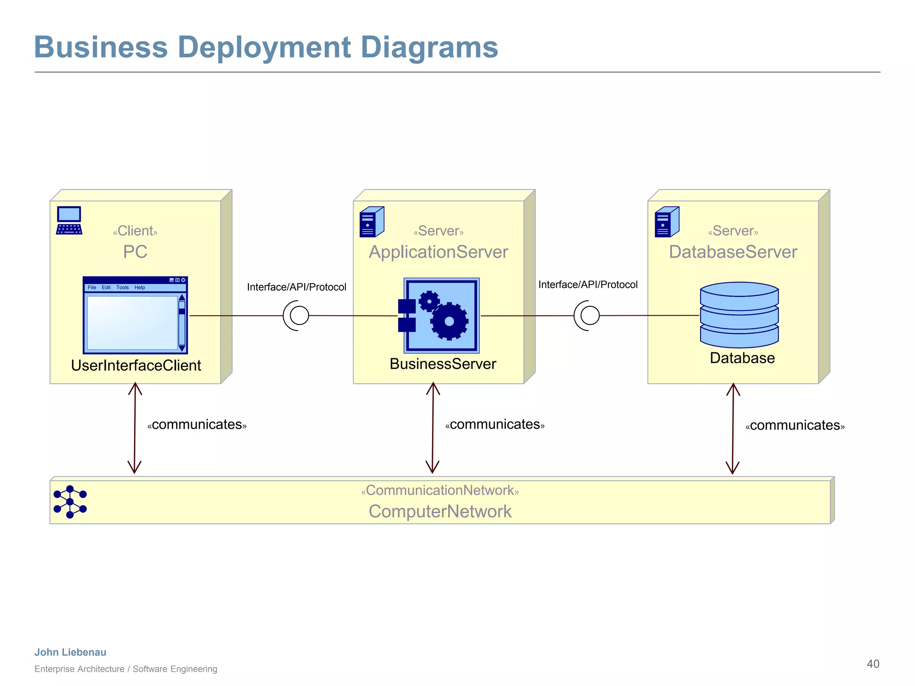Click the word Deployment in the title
click(x=264, y=47)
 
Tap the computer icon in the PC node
click(x=69, y=220)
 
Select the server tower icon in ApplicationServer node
click(x=372, y=222)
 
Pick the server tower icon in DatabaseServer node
click(x=667, y=222)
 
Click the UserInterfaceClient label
click(x=136, y=365)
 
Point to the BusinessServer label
click(x=442, y=364)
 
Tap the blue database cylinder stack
click(x=739, y=314)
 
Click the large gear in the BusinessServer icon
click(x=449, y=321)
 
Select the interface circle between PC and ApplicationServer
click(x=299, y=315)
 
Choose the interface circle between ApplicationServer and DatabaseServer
click(x=590, y=315)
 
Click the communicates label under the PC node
click(x=197, y=424)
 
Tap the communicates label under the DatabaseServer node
click(x=795, y=425)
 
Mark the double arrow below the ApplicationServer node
click(x=432, y=427)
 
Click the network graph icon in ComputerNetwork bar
click(x=70, y=502)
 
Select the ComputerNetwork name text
click(x=440, y=511)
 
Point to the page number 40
click(x=873, y=664)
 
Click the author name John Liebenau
click(x=71, y=652)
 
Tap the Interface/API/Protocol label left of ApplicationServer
click(x=296, y=287)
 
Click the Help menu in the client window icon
click(x=139, y=288)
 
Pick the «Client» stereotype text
click(x=135, y=231)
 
